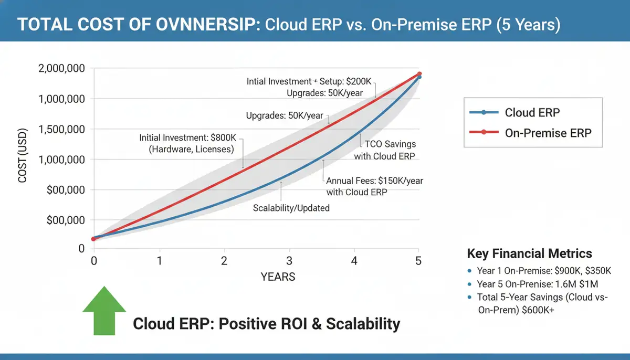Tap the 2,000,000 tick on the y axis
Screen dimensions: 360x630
pyautogui.click(x=62, y=69)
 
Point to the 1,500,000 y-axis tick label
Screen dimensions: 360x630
pyautogui.click(x=62, y=130)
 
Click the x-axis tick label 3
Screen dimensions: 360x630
pyautogui.click(x=289, y=261)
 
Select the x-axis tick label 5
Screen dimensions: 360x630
pyautogui.click(x=418, y=261)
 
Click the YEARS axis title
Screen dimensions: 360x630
pyautogui.click(x=278, y=277)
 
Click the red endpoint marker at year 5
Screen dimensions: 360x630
pyautogui.click(x=419, y=74)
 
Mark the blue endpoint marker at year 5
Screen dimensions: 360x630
pyautogui.click(x=419, y=77)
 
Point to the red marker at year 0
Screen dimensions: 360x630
pyautogui.click(x=94, y=239)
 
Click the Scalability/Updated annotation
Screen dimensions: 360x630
pyautogui.click(x=291, y=208)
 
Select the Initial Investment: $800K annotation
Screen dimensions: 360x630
pyautogui.click(x=188, y=143)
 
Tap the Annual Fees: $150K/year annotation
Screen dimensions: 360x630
pyautogui.click(x=374, y=186)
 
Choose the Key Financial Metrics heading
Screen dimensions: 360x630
pyautogui.click(x=529, y=253)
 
